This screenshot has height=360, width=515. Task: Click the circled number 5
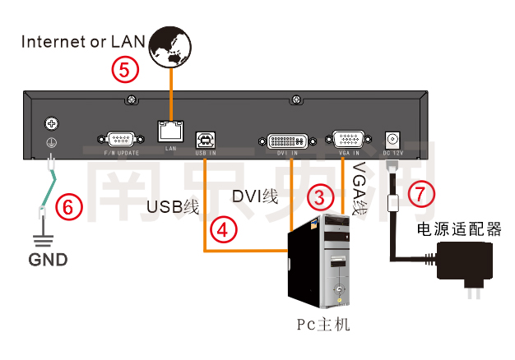pyautogui.click(x=124, y=70)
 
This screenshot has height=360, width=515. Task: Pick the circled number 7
pyautogui.click(x=419, y=195)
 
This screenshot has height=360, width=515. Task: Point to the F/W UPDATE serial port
pyautogui.click(x=122, y=139)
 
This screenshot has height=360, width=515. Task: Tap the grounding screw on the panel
pyautogui.click(x=51, y=124)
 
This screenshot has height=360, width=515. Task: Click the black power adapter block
pyautogui.click(x=466, y=262)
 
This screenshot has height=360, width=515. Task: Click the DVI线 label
pyautogui.click(x=255, y=196)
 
